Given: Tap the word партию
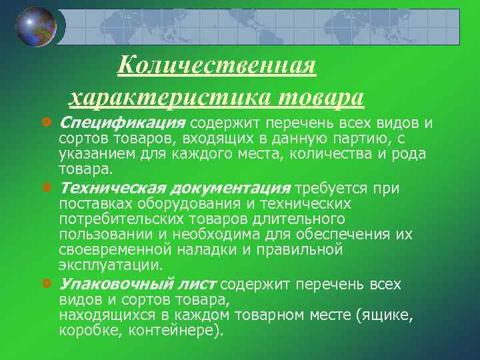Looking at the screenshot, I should pos(361,139).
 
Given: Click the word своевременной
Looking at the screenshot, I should pos(117,249).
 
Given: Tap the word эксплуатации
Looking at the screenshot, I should pos(111,265).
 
